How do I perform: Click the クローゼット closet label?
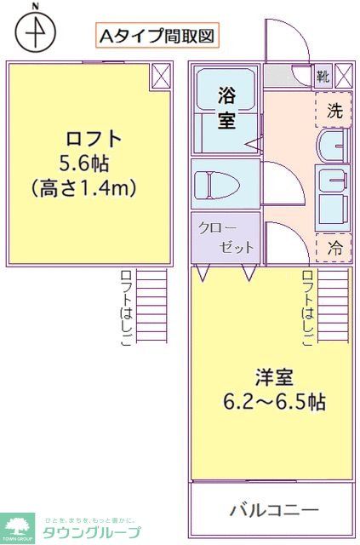[x=225, y=238]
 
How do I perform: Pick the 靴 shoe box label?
[x=323, y=75]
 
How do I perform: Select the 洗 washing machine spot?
[x=334, y=109]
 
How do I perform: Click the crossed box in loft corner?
[x=161, y=76]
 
